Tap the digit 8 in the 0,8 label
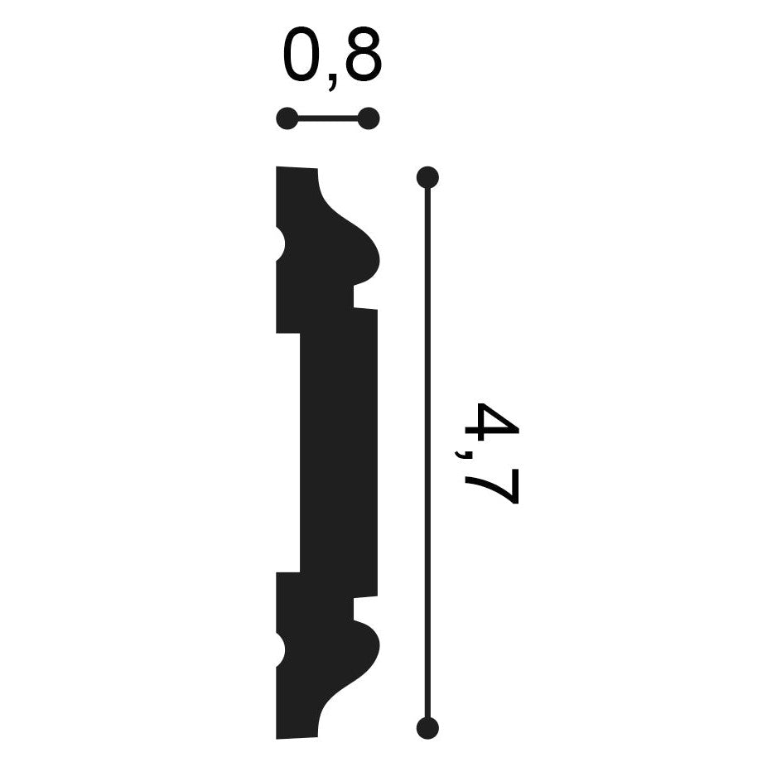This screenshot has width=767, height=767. [362, 55]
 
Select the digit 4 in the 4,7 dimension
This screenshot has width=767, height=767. [490, 423]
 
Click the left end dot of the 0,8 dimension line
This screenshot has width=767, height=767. [287, 118]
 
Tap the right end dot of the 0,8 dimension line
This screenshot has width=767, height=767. [369, 118]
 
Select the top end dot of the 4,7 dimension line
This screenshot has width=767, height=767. [427, 176]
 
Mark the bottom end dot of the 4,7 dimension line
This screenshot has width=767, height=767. [427, 727]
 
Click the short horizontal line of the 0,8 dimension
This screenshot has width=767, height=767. [327, 118]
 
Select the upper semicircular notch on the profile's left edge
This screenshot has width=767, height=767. [280, 245]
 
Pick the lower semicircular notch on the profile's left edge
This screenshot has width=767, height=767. [280, 651]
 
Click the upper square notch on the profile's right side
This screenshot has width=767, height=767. [365, 297]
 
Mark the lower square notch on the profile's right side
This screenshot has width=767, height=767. [365, 608]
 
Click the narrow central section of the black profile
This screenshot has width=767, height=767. [338, 451]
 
